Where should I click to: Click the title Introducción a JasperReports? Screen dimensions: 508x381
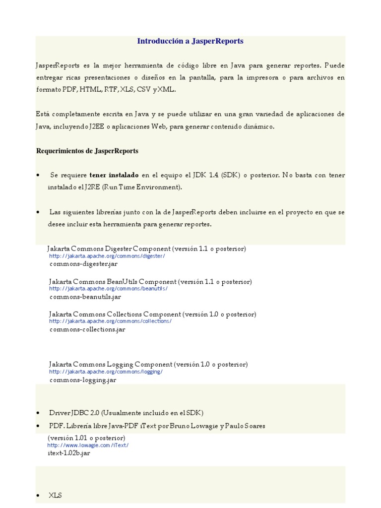tap(190, 41)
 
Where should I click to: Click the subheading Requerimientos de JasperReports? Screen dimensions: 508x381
tap(87, 151)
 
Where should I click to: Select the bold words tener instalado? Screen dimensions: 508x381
tap(114, 175)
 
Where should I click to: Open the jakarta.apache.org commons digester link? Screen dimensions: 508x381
tap(107, 256)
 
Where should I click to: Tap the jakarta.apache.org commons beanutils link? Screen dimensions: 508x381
tap(108, 289)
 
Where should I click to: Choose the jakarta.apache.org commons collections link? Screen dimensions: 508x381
tap(110, 321)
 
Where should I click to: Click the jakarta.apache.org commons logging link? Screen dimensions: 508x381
tap(106, 372)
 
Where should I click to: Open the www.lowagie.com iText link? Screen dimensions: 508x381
tap(88, 445)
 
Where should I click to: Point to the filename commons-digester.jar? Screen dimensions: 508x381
tap(83, 264)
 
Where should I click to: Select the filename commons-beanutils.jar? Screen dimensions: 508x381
tap(85, 297)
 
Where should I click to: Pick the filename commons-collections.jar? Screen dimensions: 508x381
tap(87, 329)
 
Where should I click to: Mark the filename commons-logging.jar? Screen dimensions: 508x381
tap(83, 380)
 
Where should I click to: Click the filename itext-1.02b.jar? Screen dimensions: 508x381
tap(69, 453)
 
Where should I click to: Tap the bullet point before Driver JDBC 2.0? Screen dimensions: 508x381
tap(39, 413)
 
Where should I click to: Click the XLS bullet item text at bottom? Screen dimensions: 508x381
tap(55, 495)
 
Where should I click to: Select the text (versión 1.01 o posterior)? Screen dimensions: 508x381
tap(86, 438)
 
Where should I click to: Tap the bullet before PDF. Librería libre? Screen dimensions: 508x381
tap(39, 426)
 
